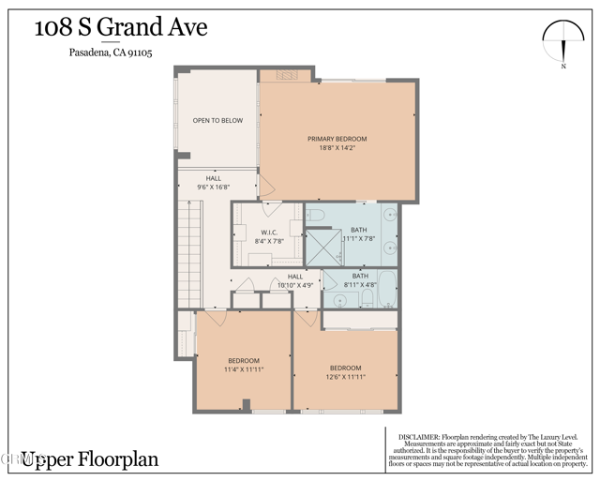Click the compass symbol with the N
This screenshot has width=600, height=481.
pos(563,41)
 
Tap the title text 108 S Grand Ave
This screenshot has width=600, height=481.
pos(120,27)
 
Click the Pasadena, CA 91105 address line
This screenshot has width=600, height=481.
pos(111,53)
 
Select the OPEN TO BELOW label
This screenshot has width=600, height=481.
pos(217,120)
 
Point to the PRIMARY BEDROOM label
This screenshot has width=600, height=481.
pos(337,139)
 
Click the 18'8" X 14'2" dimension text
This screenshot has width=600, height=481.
pos(337,147)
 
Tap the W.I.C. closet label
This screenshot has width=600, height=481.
pos(268,233)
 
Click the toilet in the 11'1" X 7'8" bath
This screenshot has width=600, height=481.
pos(316,217)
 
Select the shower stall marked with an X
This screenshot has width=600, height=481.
pos(322,246)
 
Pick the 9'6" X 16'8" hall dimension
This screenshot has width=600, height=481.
pos(214,187)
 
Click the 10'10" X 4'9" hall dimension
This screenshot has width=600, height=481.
pos(295,284)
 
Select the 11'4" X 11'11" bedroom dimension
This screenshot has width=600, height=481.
pos(244,369)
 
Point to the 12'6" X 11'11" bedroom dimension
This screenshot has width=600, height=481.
pos(346,376)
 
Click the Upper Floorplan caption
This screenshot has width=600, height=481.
pos(90,459)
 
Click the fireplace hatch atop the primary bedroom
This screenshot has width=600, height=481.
pos(286,75)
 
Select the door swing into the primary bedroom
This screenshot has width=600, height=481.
pos(265,184)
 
